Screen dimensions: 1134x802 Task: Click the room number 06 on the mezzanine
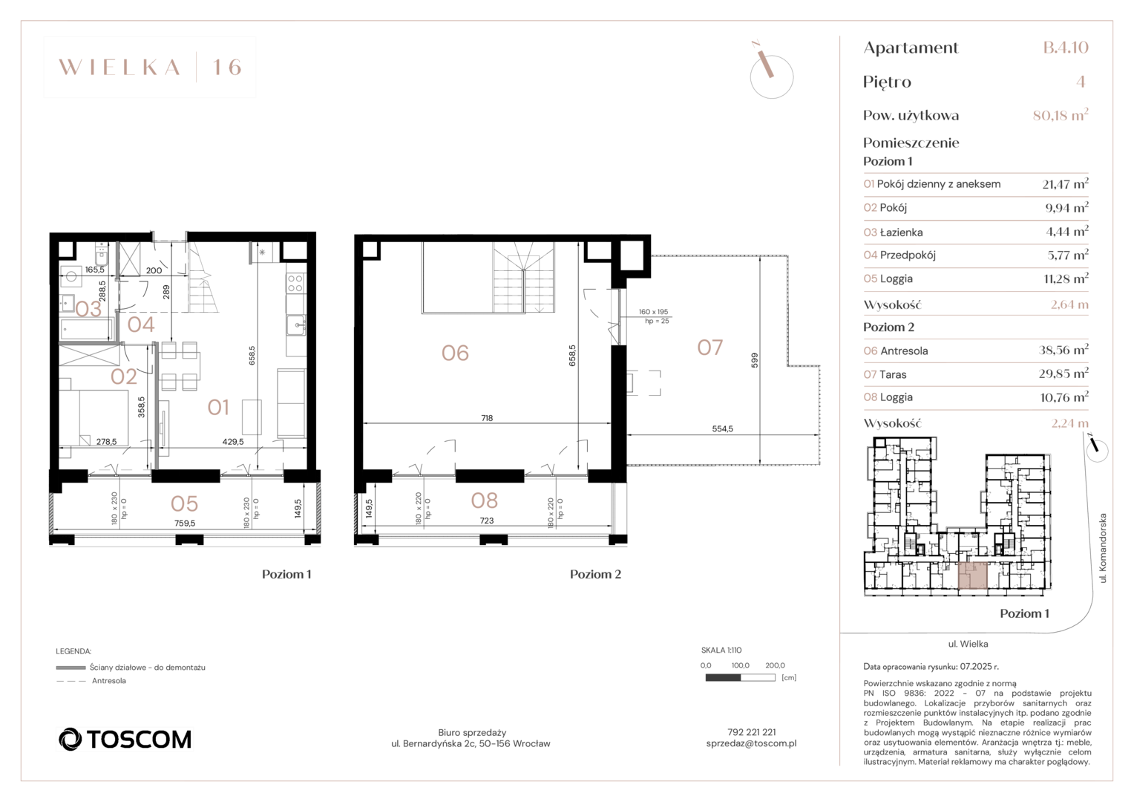(455, 353)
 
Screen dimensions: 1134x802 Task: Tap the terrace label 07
(709, 348)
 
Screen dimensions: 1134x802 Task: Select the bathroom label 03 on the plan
(88, 309)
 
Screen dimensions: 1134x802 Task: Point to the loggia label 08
(485, 501)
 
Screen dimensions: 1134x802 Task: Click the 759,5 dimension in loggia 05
(185, 524)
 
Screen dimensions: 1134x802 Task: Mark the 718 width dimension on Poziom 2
(487, 418)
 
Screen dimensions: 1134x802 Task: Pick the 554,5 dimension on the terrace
(722, 428)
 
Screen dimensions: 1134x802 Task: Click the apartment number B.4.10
(1066, 47)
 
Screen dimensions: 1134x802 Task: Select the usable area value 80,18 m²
(1061, 115)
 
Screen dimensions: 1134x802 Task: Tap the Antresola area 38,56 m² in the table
(1063, 351)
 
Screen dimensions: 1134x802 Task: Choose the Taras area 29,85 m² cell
(1063, 374)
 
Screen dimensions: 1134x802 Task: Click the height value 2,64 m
(1069, 304)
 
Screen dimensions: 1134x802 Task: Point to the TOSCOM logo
(125, 740)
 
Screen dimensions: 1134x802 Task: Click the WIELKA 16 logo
(150, 67)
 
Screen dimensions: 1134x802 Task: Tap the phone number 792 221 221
(751, 732)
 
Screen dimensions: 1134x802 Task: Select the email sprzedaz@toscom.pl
(751, 744)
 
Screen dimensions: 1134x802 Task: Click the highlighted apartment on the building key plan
(972, 576)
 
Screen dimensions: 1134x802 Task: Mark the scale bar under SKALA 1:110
(740, 678)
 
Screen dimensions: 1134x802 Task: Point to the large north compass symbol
(771, 73)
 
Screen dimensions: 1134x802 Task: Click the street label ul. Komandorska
(1103, 548)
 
